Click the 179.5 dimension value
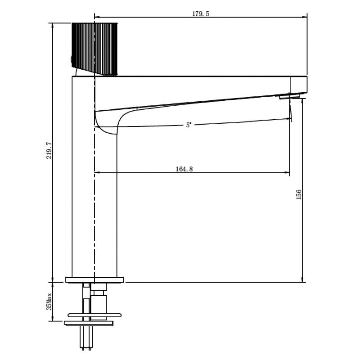201,14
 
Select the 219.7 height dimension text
49,150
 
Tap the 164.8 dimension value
184,169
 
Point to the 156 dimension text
298,194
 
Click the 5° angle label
189,125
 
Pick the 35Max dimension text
49,301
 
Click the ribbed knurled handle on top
94,49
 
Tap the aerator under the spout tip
289,97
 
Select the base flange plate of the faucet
94,280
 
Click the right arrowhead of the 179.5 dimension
305,17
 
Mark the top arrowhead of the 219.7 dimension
53,25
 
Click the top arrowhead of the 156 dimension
302,101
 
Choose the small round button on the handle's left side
72,60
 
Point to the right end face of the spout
307,84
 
